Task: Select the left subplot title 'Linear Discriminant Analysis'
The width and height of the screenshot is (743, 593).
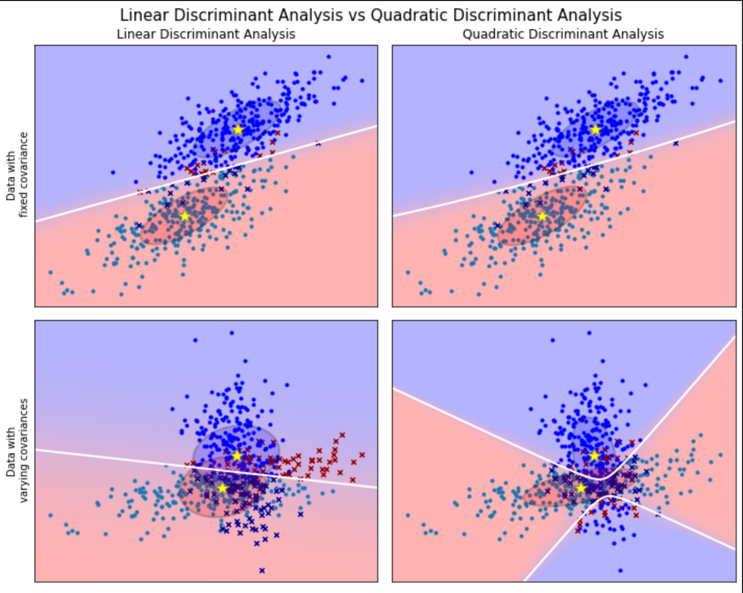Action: coord(206,34)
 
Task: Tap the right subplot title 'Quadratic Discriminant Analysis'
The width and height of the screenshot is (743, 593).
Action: coord(563,34)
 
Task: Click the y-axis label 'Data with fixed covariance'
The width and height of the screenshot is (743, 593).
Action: coord(17,175)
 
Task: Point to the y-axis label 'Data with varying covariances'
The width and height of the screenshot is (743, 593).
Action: coord(17,451)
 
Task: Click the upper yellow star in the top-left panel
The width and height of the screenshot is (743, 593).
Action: coord(238,129)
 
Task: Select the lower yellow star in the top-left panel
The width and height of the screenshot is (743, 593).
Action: coord(184,216)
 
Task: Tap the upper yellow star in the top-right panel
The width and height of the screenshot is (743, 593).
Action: coord(596,129)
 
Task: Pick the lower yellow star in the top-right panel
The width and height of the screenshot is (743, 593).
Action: coord(542,216)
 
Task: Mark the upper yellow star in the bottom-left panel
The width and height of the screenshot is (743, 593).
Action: coord(237,455)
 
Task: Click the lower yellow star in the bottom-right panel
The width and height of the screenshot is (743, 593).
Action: coord(581,488)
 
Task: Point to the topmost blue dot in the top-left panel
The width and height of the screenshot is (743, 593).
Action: coord(328,57)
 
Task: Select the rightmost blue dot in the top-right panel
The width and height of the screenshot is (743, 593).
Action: coord(720,81)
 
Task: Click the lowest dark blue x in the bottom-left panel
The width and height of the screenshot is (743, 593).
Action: coord(262,571)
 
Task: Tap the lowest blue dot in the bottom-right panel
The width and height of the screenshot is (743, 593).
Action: coord(620,571)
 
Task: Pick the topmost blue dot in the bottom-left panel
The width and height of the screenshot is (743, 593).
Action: coord(231,332)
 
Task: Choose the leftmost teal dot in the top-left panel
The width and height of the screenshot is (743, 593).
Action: coord(50,272)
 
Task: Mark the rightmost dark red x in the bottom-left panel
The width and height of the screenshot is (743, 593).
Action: coord(362,455)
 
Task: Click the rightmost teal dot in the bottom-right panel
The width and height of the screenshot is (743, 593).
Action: coord(721,455)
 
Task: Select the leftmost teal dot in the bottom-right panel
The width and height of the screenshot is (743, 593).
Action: coord(408,515)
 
